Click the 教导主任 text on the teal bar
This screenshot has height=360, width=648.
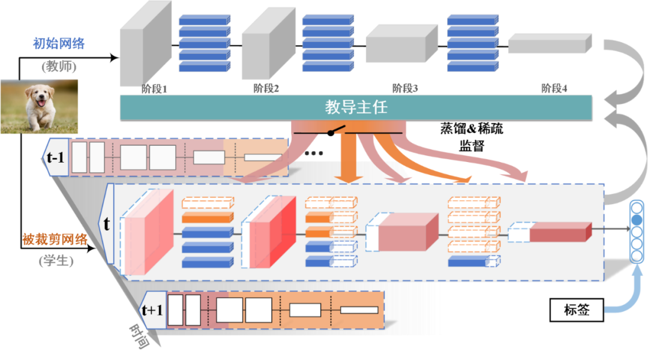(x=356, y=107)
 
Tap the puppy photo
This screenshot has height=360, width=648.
(x=40, y=106)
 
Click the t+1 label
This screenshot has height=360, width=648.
(x=152, y=310)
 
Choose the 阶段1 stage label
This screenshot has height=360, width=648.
(x=154, y=89)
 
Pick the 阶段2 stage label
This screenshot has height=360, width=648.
(x=266, y=89)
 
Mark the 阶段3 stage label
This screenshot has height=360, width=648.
(x=405, y=89)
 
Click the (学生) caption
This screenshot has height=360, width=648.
(x=56, y=262)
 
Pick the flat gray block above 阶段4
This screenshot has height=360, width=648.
(x=550, y=44)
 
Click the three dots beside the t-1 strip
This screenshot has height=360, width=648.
(x=314, y=154)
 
